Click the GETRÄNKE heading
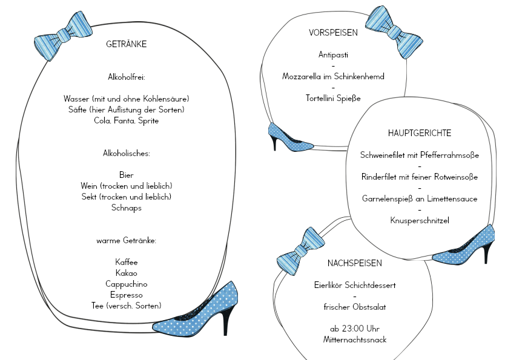(x=126, y=44)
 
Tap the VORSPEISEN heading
(x=333, y=33)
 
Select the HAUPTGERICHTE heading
(x=420, y=133)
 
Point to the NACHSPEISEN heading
(x=355, y=263)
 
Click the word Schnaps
(x=126, y=208)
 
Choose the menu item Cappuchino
(x=126, y=284)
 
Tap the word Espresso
(x=126, y=295)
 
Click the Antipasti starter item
(x=333, y=54)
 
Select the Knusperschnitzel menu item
(x=420, y=220)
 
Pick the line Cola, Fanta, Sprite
(x=126, y=120)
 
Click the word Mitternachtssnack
(x=355, y=339)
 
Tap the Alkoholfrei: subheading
(x=126, y=77)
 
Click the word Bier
(x=126, y=175)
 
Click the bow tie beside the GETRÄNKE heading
(x=63, y=36)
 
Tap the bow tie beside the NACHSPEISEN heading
(x=301, y=251)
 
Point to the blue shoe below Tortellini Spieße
(x=290, y=137)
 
